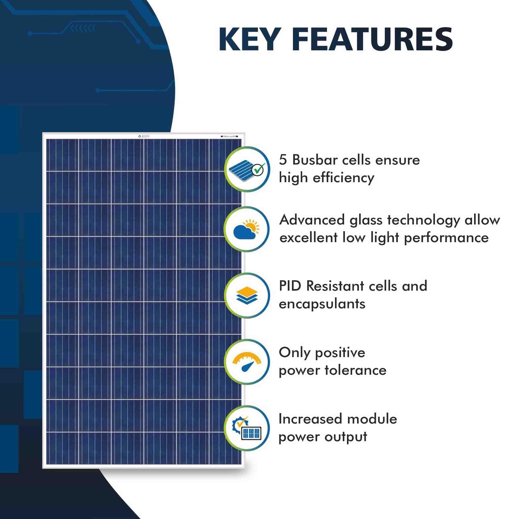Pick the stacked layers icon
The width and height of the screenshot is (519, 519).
pyautogui.click(x=247, y=295)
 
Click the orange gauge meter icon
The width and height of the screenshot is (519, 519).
pyautogui.click(x=247, y=362)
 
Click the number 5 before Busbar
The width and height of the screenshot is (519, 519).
pyautogui.click(x=283, y=160)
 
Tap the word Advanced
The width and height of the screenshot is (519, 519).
pyautogui.click(x=312, y=220)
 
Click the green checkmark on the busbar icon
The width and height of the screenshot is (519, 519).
pyautogui.click(x=258, y=170)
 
